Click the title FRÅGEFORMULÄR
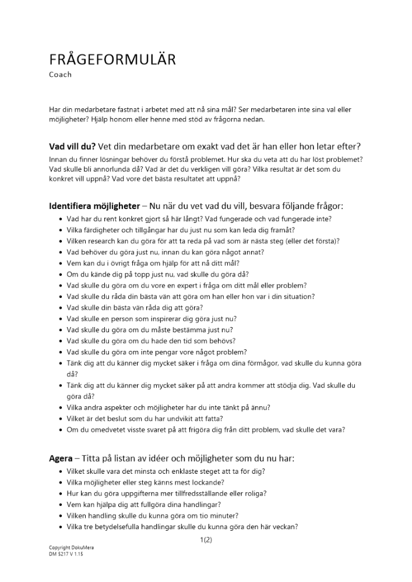coord(112,61)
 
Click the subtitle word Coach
coord(61,75)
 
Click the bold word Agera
coord(61,459)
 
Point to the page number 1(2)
coord(206,541)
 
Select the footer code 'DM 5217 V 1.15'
coord(66,554)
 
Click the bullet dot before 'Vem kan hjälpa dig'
coord(61,505)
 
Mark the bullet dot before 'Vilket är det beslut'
coord(61,419)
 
